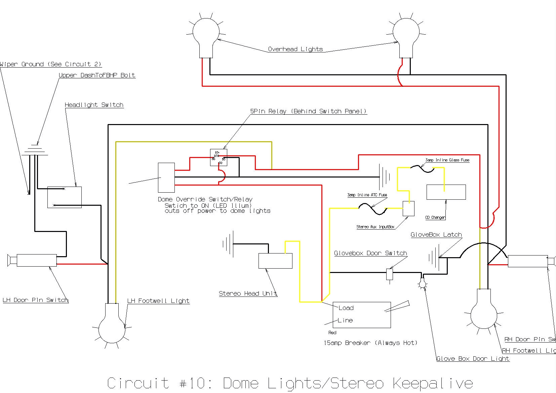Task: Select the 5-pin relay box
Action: pyautogui.click(x=219, y=157)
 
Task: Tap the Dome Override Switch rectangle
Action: pyautogui.click(x=166, y=178)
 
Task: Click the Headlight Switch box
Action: pyautogui.click(x=65, y=197)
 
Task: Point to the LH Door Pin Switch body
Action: pyautogui.click(x=36, y=260)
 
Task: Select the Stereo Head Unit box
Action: pyautogui.click(x=275, y=261)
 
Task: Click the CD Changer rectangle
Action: pyautogui.click(x=446, y=192)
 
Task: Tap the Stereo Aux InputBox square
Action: pyautogui.click(x=408, y=208)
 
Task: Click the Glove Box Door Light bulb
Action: pyautogui.click(x=422, y=284)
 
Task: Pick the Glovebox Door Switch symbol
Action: pyautogui.click(x=390, y=274)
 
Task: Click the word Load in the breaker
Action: pyautogui.click(x=346, y=308)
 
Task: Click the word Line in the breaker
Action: pyautogui.click(x=345, y=320)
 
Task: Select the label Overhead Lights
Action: pyautogui.click(x=295, y=49)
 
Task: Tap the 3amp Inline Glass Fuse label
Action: pyautogui.click(x=447, y=160)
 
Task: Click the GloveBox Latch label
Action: pyautogui.click(x=436, y=235)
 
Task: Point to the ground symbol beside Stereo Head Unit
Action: pyautogui.click(x=228, y=244)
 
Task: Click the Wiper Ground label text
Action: pyautogui.click(x=50, y=64)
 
